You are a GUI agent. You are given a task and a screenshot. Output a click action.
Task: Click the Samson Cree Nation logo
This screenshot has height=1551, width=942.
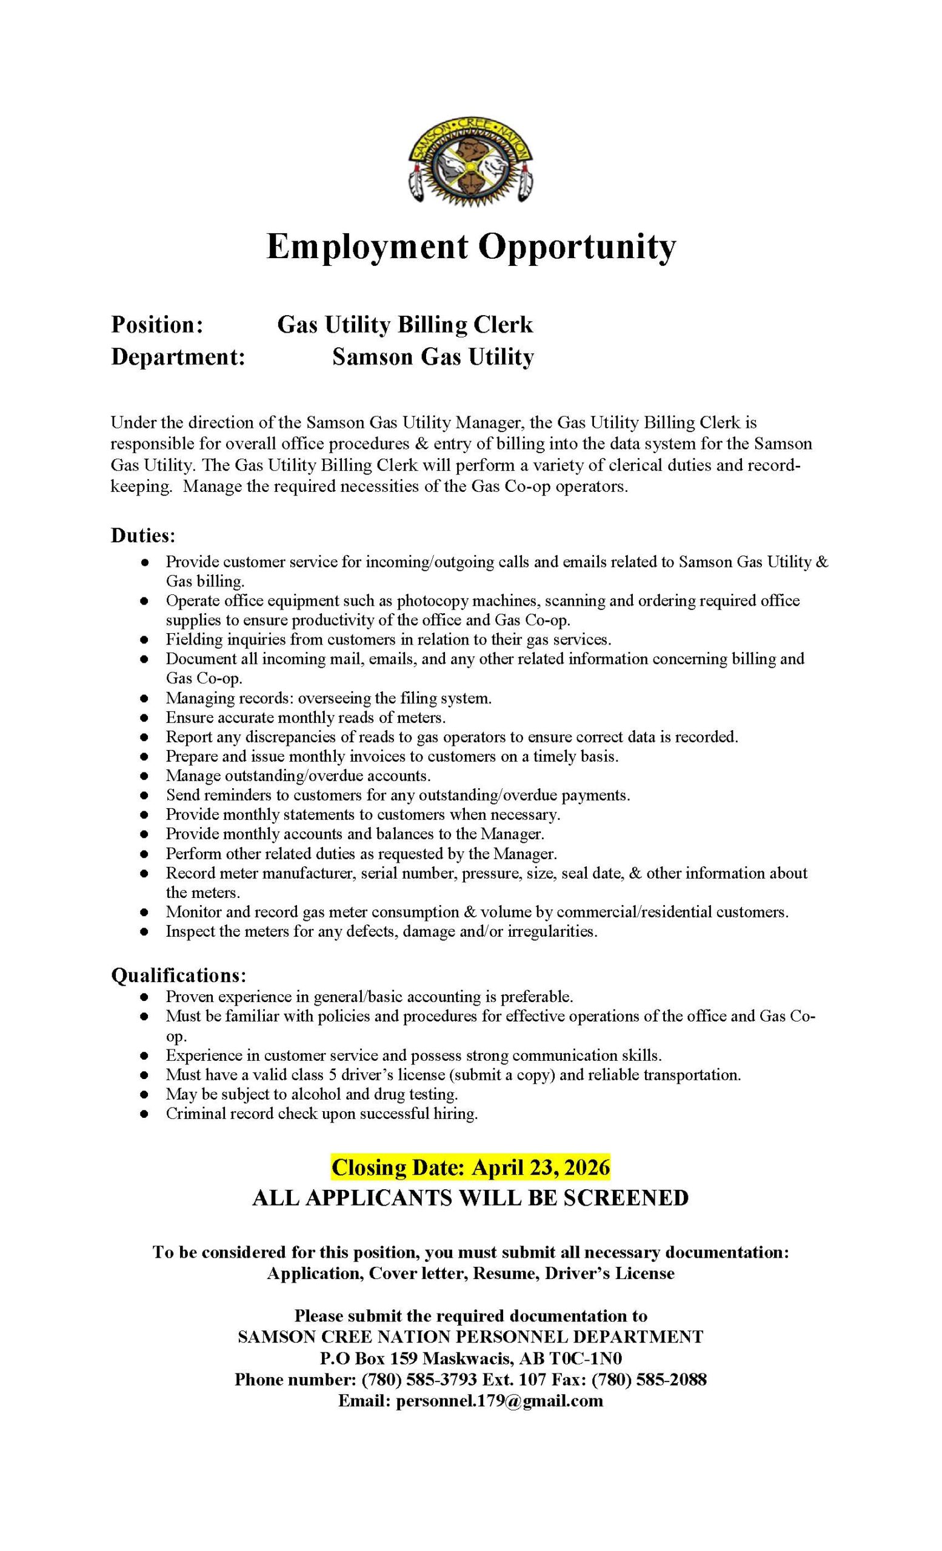pos(470,162)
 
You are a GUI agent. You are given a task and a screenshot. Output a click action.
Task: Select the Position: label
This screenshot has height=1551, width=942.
pos(157,325)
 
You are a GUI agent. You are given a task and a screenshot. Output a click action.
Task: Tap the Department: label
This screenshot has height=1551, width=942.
pos(178,357)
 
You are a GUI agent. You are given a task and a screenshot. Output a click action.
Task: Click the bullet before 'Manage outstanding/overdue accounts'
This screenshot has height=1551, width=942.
pos(144,776)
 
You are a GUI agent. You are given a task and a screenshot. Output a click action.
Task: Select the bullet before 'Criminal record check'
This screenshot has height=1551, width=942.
pos(144,1114)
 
